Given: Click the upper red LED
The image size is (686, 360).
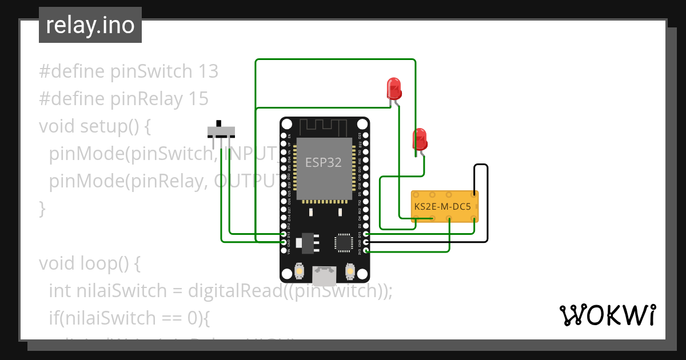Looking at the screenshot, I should coord(394,89).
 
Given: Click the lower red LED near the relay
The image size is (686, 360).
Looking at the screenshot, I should coord(420,139).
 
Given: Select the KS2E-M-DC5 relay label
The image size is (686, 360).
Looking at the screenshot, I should coord(442,207).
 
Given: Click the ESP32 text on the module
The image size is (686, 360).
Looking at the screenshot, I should coord(323,162).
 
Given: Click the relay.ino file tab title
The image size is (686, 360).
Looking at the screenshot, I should coord(90,25).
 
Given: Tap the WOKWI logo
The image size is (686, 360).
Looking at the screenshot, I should coord(607,315).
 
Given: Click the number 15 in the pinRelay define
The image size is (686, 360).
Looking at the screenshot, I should coord(198,99).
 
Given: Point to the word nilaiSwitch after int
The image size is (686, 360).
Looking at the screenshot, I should coord(122,291).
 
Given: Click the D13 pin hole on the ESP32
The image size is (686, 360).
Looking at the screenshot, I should coord(284,234).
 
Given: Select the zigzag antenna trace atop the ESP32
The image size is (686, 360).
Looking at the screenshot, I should coord(324,126).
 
